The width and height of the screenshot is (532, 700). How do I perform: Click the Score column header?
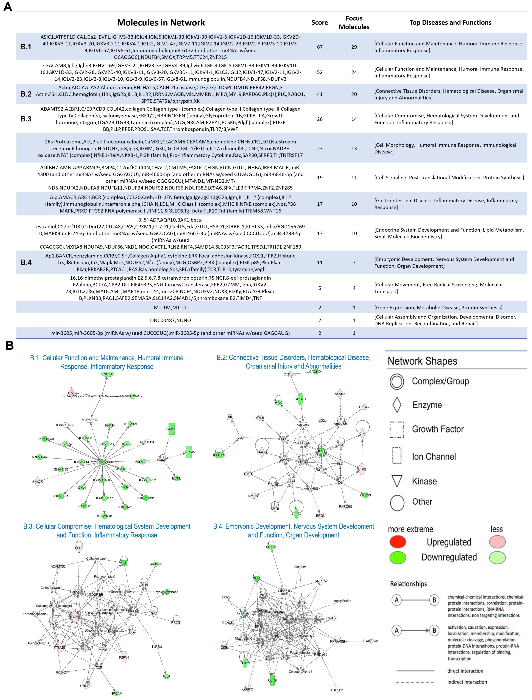(x=320, y=23)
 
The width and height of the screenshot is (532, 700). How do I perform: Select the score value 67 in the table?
(x=320, y=47)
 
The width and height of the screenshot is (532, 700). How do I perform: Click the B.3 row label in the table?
(x=26, y=119)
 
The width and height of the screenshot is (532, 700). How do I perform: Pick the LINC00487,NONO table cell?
(x=170, y=320)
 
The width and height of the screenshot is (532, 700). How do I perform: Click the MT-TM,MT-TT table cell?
(x=170, y=308)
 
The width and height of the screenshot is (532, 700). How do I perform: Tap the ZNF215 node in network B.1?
(x=108, y=374)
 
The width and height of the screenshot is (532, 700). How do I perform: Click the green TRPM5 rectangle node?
(x=189, y=452)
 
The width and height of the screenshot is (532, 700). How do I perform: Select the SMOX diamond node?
(x=37, y=481)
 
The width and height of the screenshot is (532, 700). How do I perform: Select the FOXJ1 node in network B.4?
(x=271, y=547)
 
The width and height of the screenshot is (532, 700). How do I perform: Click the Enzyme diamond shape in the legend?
(x=397, y=405)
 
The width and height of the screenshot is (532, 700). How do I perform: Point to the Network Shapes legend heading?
(x=422, y=361)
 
